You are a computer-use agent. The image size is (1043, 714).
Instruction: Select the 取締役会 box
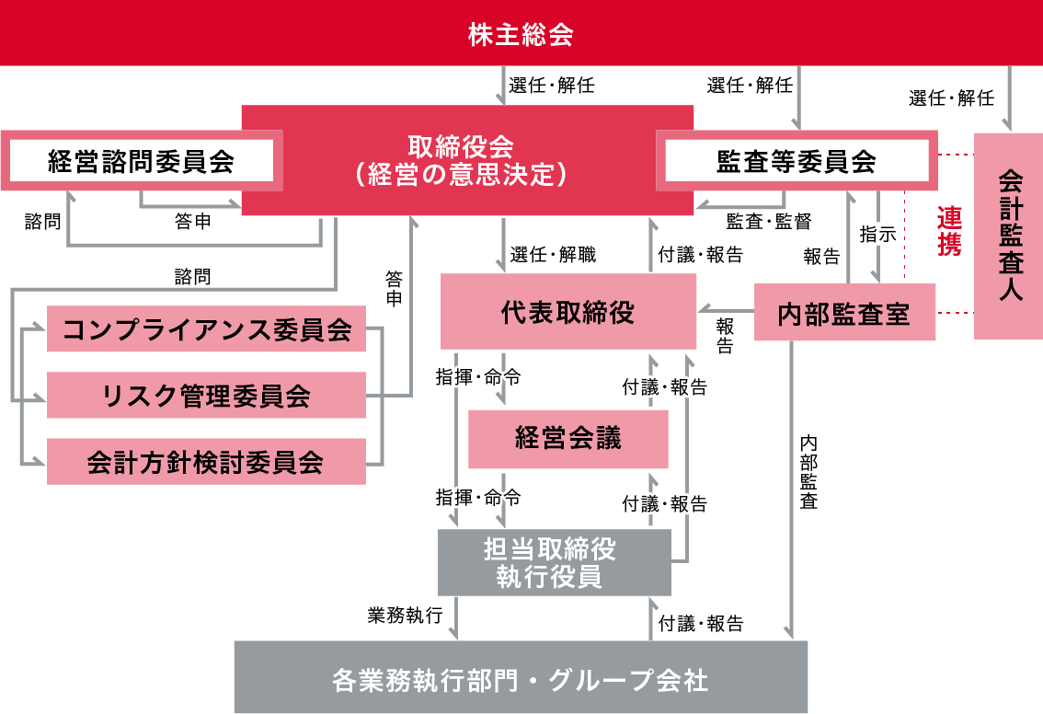(467, 160)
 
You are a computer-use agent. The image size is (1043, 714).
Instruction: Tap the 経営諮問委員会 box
(142, 161)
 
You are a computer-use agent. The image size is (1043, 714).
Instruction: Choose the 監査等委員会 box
(797, 161)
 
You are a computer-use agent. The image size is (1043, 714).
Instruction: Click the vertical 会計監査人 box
(1008, 236)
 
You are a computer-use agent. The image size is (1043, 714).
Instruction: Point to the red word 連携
(949, 231)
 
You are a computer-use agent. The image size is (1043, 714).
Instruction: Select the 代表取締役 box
(568, 312)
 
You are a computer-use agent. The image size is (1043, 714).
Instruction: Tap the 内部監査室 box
(844, 313)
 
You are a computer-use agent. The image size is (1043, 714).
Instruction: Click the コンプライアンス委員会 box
(206, 328)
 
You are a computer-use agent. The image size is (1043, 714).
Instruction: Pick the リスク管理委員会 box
(206, 396)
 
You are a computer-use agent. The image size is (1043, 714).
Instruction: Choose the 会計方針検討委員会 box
(206, 462)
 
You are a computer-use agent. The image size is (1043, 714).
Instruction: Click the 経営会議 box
(568, 439)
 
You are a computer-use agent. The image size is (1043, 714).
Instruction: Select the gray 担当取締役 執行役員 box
(554, 563)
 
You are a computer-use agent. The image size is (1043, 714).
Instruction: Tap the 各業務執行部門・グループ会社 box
(521, 677)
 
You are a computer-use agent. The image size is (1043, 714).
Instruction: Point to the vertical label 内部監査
(808, 472)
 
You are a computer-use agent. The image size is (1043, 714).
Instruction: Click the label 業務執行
(405, 615)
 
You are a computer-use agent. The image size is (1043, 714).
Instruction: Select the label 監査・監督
(769, 221)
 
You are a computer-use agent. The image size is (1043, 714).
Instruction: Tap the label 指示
(878, 235)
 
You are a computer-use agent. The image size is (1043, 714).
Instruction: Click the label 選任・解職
(553, 254)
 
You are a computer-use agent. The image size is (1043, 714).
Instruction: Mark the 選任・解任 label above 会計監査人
(951, 98)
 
